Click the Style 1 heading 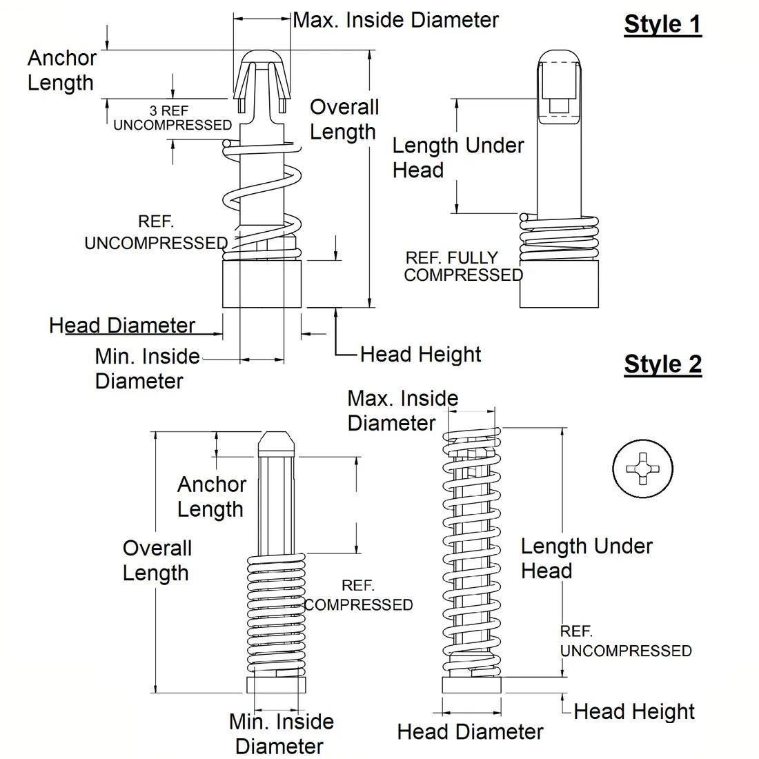click(662, 24)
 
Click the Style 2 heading click(662, 364)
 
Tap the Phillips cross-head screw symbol click(642, 469)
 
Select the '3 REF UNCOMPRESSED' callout click(172, 118)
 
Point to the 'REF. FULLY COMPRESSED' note click(463, 266)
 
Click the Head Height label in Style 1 click(420, 355)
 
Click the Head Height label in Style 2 click(633, 711)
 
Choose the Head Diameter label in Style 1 click(122, 326)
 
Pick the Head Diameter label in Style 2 click(470, 732)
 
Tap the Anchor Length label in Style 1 click(61, 70)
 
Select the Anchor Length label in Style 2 click(211, 497)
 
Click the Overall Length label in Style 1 click(344, 119)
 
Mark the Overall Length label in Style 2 click(157, 560)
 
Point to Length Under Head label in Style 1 click(457, 157)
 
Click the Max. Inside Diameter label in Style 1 click(395, 20)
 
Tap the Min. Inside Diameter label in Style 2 click(281, 733)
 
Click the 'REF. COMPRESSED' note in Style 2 click(358, 595)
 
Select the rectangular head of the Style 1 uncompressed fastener click(262, 283)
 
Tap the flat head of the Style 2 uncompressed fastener click(471, 684)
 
